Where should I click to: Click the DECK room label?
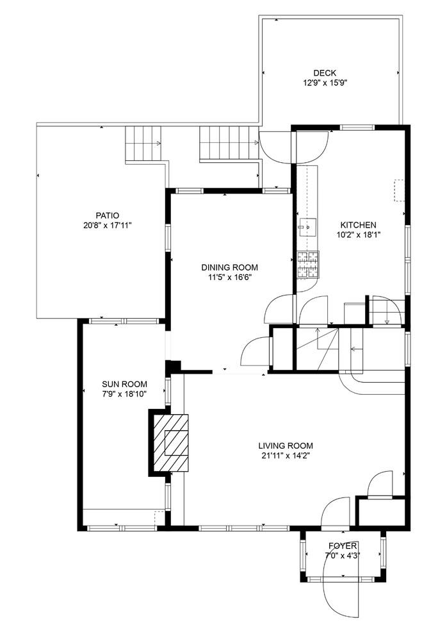pos(325,73)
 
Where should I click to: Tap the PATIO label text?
pos(108,215)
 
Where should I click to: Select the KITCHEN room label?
pos(357,225)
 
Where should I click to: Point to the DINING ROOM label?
pos(229,267)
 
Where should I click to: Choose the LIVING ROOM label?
pos(285,445)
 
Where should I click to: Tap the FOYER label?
pos(342,546)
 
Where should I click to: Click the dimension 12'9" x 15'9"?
pos(325,83)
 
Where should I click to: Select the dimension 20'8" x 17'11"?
pos(108,225)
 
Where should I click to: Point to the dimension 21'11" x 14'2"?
pos(285,456)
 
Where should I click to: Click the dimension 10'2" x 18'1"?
pos(357,235)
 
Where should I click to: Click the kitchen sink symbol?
pos(308,226)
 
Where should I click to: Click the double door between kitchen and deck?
pos(293,147)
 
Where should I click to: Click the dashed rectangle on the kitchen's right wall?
pos(399,190)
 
